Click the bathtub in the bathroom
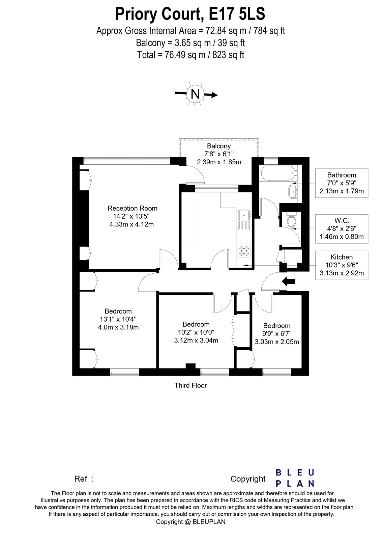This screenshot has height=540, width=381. click(x=278, y=173)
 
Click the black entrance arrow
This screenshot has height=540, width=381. click(x=288, y=281)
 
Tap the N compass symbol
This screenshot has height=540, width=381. click(x=196, y=94)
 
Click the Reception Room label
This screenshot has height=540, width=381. click(x=132, y=208)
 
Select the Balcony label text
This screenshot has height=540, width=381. click(x=219, y=146)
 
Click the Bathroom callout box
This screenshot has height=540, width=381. click(x=342, y=183)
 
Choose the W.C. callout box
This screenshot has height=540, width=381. click(x=342, y=228)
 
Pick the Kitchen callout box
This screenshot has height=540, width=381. click(x=342, y=265)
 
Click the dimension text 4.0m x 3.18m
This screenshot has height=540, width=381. click(x=118, y=327)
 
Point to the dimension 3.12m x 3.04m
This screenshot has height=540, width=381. click(x=196, y=340)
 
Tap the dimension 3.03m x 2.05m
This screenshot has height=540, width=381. click(x=277, y=342)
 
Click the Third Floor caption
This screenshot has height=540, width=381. click(x=190, y=385)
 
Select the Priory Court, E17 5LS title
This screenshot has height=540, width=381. click(x=190, y=15)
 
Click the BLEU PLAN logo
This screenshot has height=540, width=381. click(x=295, y=478)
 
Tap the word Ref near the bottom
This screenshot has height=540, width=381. click(x=81, y=479)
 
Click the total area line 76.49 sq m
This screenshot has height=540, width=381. click(x=190, y=55)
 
